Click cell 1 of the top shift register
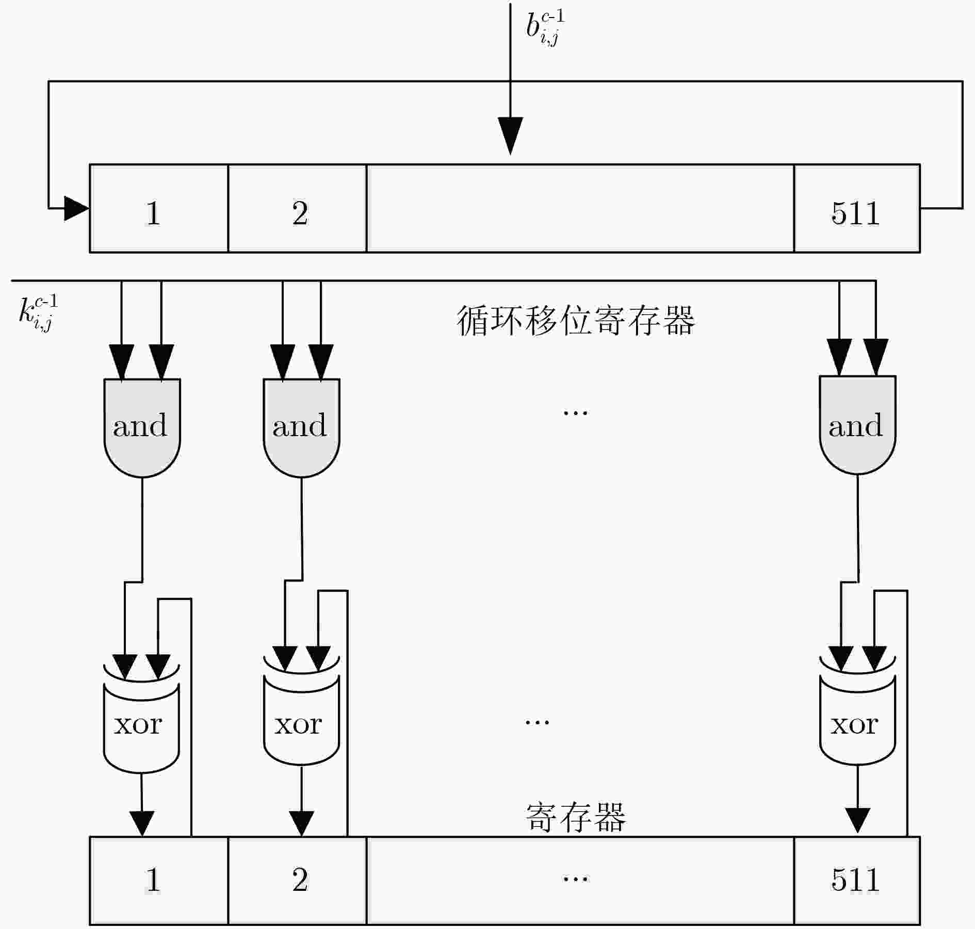159,208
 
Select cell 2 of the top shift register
297,208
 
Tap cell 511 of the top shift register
857,208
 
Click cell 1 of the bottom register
159,881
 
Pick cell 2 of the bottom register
297,881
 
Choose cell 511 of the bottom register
857,881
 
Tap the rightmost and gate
857,425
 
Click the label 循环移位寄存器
576,321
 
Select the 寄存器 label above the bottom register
576,817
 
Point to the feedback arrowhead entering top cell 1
77,208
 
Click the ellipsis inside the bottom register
575,878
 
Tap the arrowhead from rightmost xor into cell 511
857,820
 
